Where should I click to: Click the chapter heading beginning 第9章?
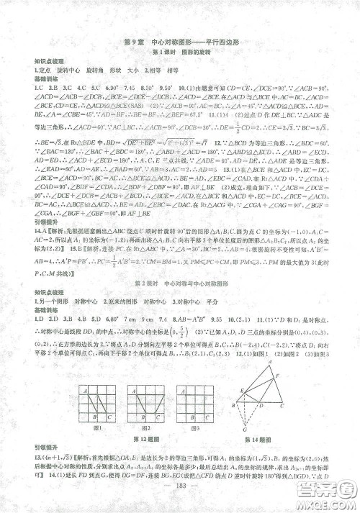point(180,42)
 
